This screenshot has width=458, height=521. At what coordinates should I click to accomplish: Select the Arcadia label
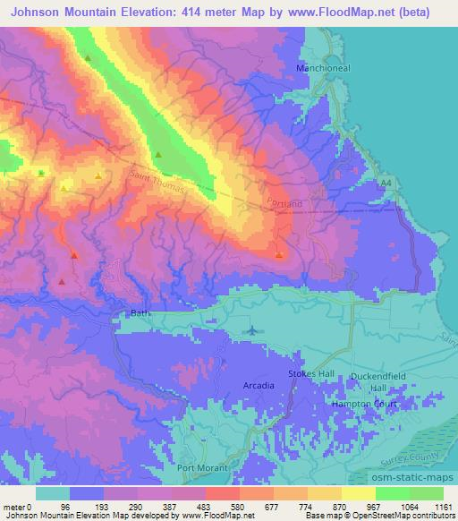[x=259, y=385]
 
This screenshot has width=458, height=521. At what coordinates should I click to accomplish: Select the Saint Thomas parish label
[x=161, y=184]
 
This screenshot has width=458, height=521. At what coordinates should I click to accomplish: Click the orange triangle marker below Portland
[x=279, y=255]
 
